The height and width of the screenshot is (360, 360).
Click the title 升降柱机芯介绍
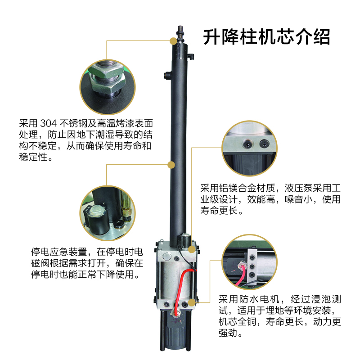[x=266, y=37]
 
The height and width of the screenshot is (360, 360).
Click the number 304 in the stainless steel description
[x=48, y=123]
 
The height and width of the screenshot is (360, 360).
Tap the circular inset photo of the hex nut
[x=108, y=87]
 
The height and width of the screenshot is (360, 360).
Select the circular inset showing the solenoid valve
[x=108, y=213]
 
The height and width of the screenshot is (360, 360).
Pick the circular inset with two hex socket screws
[x=250, y=148]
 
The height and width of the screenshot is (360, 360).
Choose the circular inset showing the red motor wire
[x=250, y=262]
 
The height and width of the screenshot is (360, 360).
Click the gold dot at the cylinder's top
[x=174, y=41]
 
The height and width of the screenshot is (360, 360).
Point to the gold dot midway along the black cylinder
[x=171, y=165]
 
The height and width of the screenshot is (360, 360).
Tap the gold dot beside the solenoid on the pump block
[x=192, y=249]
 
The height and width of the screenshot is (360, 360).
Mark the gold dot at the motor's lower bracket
[x=192, y=302]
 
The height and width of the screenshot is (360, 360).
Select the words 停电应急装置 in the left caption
[x=59, y=252]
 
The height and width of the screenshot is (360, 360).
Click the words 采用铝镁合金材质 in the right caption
[x=238, y=188]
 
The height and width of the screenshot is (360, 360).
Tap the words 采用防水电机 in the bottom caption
[x=249, y=299]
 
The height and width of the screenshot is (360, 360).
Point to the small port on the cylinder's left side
[x=167, y=75]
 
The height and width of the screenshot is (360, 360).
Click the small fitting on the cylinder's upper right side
[x=190, y=56]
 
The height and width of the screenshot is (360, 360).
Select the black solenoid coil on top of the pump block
[x=184, y=240]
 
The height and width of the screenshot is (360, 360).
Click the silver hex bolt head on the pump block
[x=166, y=256]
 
